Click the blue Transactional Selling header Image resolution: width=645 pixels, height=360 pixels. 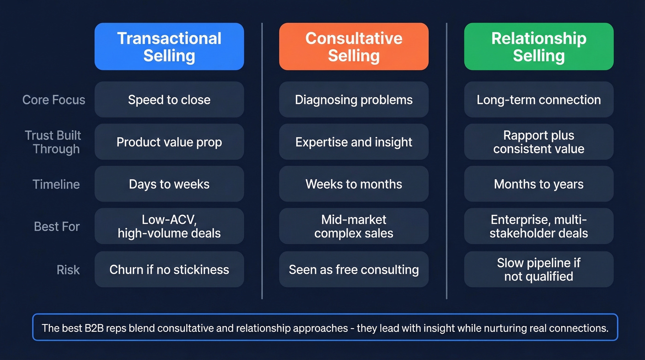[169, 47]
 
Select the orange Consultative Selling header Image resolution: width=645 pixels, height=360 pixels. [354, 47]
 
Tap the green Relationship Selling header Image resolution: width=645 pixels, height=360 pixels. [539, 47]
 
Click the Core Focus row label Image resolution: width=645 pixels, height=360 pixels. [54, 100]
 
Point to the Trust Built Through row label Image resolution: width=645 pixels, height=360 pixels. [53, 142]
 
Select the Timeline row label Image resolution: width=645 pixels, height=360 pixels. [56, 184]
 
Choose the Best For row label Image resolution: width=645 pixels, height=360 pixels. [57, 226]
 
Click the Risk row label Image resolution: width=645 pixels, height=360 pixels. [68, 270]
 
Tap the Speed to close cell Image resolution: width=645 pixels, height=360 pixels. [169, 100]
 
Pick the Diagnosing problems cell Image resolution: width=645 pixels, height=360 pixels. [354, 100]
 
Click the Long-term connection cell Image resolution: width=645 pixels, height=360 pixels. [539, 100]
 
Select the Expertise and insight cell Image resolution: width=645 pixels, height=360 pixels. [354, 142]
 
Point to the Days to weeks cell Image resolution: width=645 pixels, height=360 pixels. [169, 184]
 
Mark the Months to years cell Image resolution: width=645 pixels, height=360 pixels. [539, 184]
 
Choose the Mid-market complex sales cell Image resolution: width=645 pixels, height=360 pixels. [354, 226]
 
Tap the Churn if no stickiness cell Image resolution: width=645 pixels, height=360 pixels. [169, 270]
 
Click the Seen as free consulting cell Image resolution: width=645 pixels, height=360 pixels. [354, 270]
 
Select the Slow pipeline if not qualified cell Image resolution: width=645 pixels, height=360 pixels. [539, 270]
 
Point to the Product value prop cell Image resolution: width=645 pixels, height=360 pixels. [169, 142]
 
